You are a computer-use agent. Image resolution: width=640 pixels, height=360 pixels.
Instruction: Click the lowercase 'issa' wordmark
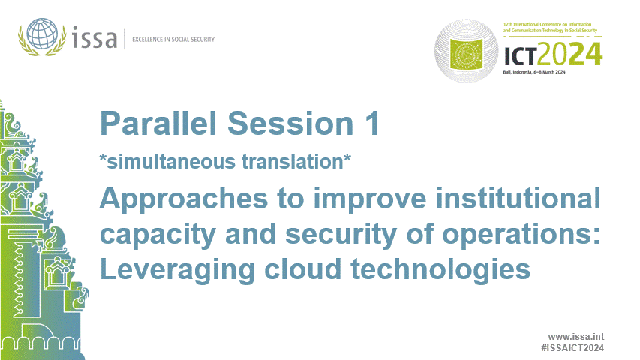[95, 37]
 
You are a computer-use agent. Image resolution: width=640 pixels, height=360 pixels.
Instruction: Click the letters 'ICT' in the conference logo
[521, 54]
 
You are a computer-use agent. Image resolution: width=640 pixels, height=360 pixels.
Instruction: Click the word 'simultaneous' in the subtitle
[176, 160]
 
